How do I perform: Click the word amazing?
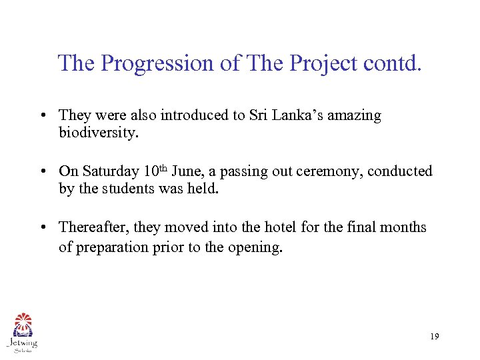356,115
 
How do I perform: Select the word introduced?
193,115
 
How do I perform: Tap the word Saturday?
111,171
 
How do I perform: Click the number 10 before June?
151,171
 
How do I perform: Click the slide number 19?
434,337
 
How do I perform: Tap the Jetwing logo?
22,331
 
